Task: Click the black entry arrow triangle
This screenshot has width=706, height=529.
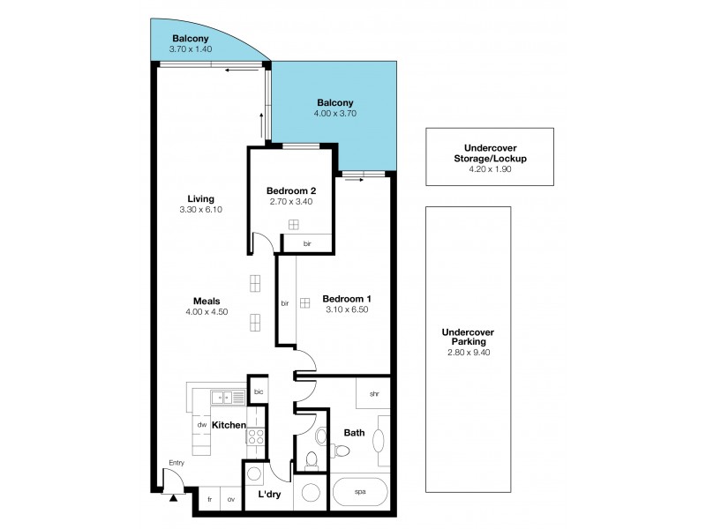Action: click(172, 498)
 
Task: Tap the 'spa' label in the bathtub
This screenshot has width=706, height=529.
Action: click(360, 491)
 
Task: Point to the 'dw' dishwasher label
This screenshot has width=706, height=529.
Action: click(202, 425)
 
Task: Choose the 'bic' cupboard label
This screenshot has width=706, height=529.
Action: click(259, 392)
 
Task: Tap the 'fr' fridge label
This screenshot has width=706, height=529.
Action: click(210, 500)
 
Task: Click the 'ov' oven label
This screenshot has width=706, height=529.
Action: click(231, 500)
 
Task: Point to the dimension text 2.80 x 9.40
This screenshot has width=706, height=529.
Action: click(468, 353)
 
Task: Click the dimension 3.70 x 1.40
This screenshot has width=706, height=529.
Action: click(190, 49)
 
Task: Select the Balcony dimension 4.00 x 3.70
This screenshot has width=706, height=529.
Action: click(334, 114)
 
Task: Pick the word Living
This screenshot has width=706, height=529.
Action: click(200, 198)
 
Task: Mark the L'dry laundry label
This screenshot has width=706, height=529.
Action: click(269, 495)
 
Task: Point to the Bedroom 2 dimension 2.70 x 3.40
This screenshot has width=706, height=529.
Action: click(291, 202)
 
